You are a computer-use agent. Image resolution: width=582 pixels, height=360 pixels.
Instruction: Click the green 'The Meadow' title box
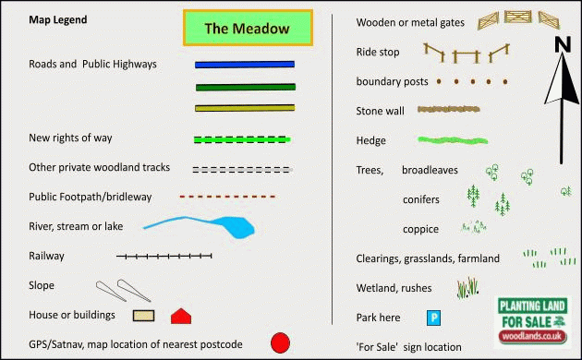point(248,29)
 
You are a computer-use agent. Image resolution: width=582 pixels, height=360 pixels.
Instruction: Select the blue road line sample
point(245,65)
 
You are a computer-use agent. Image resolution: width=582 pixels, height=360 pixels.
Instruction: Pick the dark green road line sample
point(246,87)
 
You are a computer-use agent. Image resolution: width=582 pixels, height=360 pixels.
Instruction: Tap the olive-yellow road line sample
point(245,108)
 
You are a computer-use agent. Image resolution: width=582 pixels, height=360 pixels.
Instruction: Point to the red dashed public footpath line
point(227,197)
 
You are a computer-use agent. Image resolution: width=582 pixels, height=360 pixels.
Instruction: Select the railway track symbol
point(164,256)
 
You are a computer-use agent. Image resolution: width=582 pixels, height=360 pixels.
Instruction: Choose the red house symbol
point(181,317)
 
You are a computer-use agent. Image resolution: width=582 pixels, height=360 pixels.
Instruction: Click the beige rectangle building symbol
point(143,316)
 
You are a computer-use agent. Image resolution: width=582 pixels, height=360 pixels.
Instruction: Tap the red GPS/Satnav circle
point(280,343)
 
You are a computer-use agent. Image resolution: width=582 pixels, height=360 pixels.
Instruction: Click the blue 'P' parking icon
point(433,318)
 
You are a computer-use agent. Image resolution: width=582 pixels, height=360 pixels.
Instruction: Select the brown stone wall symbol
point(448,109)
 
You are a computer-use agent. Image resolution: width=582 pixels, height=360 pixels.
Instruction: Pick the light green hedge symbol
point(453,140)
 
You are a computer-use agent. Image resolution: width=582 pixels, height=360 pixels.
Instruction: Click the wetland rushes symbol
point(467,288)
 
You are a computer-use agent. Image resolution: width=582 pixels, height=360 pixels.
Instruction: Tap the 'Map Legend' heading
point(58,19)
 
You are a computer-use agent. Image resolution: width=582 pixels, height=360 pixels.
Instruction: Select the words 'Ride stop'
point(378,52)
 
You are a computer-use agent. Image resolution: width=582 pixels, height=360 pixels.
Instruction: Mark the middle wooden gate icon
point(517,17)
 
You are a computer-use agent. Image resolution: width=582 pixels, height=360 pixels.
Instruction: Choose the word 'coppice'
point(420,230)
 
